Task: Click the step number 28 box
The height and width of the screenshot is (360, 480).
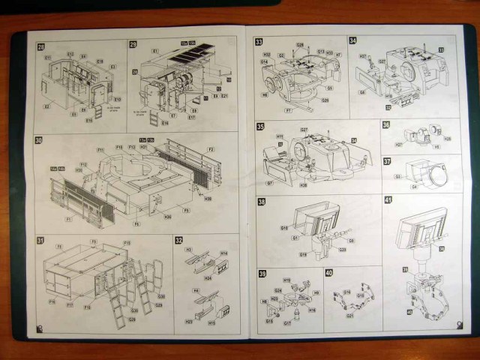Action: click(x=40, y=47)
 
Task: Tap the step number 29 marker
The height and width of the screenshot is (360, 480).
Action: click(x=133, y=46)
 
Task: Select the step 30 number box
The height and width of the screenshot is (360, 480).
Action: click(x=40, y=140)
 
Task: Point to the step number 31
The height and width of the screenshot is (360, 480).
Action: click(x=40, y=241)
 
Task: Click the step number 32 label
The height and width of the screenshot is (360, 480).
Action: click(x=178, y=241)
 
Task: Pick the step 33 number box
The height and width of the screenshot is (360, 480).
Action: click(x=259, y=42)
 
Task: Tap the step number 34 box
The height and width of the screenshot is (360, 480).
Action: click(x=352, y=41)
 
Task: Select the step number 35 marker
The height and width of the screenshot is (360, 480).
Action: click(x=260, y=127)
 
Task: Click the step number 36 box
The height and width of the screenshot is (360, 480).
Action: click(x=386, y=125)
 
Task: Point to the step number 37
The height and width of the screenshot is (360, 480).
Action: click(x=387, y=160)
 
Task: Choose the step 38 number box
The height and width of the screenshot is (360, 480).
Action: click(x=261, y=202)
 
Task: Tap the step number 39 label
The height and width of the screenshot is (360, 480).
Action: click(x=261, y=272)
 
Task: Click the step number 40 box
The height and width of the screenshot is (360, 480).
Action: click(x=328, y=273)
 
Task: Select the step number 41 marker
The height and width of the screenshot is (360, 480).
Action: click(x=388, y=200)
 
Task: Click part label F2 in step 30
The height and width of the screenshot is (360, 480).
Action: click(x=211, y=150)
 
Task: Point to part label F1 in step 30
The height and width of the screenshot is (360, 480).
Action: click(x=69, y=219)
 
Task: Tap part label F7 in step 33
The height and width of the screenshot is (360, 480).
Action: click(x=288, y=110)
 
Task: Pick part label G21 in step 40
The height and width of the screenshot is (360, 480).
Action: click(x=350, y=316)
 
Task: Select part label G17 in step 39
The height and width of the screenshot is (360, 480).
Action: click(x=286, y=324)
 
